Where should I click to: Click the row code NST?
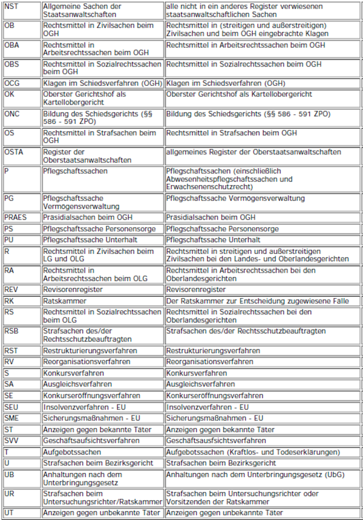10,5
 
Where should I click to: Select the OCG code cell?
11,83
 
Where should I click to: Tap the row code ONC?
11,114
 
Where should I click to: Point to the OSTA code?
13,152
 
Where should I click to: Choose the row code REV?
11,290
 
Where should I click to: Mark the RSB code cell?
11,331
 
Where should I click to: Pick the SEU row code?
11,408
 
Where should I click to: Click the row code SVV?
11,441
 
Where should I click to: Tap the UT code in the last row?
9,513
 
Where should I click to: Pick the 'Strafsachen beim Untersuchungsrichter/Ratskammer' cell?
102,498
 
